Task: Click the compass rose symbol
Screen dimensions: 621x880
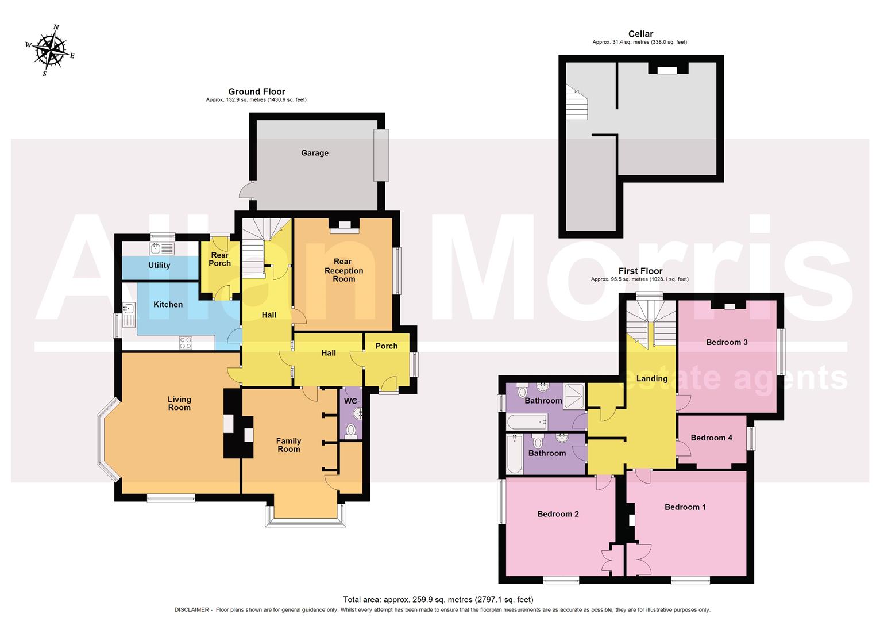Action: point(50,51)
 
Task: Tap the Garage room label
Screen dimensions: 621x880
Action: point(315,153)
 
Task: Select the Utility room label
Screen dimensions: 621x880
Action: point(159,265)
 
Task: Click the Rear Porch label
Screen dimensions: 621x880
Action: point(219,259)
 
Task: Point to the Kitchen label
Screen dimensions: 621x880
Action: point(168,304)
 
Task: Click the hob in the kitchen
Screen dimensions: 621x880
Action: point(186,343)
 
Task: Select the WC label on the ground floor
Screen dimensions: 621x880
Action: point(350,401)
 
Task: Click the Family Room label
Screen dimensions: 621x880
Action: point(288,445)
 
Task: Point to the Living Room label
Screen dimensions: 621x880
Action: point(179,403)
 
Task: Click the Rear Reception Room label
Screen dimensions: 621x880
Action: point(343,270)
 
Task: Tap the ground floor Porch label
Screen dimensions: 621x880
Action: point(387,346)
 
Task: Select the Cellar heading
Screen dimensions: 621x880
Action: point(640,34)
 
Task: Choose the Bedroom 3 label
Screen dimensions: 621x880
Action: point(727,342)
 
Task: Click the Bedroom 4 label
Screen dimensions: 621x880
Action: point(711,438)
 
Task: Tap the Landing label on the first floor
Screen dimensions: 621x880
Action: point(651,378)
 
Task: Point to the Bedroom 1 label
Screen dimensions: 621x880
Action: point(685,507)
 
